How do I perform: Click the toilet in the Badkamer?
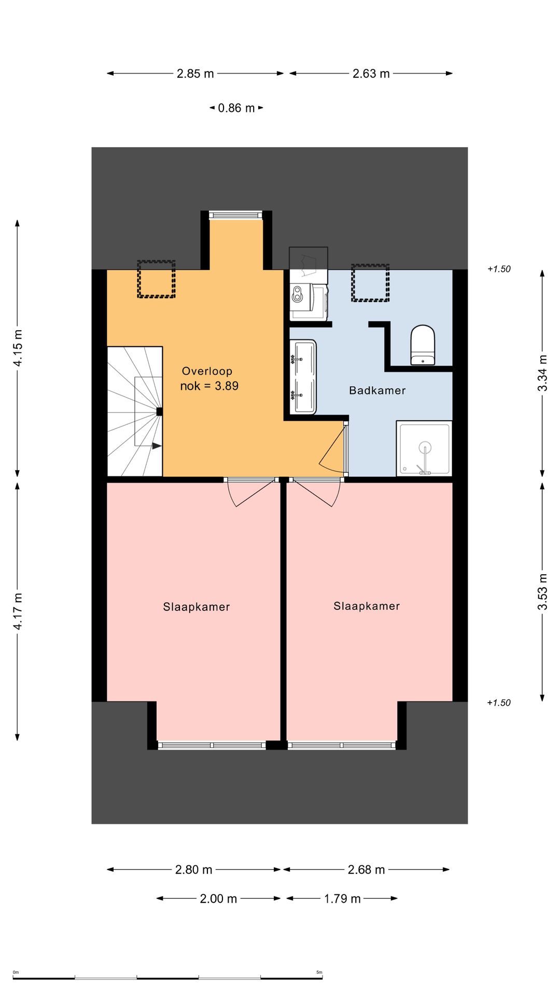423,345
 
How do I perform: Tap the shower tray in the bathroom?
424,448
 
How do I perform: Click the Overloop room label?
207,371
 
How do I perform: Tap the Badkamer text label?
377,391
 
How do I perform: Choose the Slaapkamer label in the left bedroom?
196,607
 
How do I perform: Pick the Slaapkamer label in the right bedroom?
367,606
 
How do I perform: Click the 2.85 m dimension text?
195,74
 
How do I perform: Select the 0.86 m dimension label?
236,108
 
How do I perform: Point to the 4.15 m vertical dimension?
18,348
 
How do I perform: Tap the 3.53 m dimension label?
542,591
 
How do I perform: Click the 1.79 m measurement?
342,899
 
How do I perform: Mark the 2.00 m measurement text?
218,899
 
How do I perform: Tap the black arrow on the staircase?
156,446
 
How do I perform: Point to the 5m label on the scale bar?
319,972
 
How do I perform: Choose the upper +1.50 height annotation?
499,269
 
